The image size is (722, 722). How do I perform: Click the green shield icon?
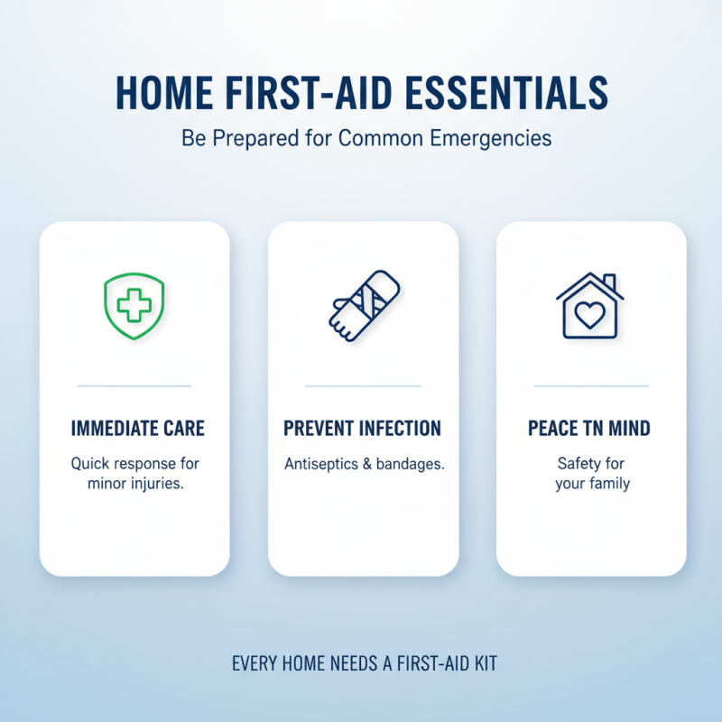pos(134,307)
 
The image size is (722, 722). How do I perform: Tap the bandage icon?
pos(363,308)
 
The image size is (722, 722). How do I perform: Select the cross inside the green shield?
pos(134,306)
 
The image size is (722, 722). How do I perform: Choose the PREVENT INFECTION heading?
pos(363,428)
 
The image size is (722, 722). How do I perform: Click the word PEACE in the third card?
pos(552,428)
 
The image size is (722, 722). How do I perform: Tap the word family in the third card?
pos(609,483)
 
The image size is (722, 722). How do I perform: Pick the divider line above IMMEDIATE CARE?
pos(134,386)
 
